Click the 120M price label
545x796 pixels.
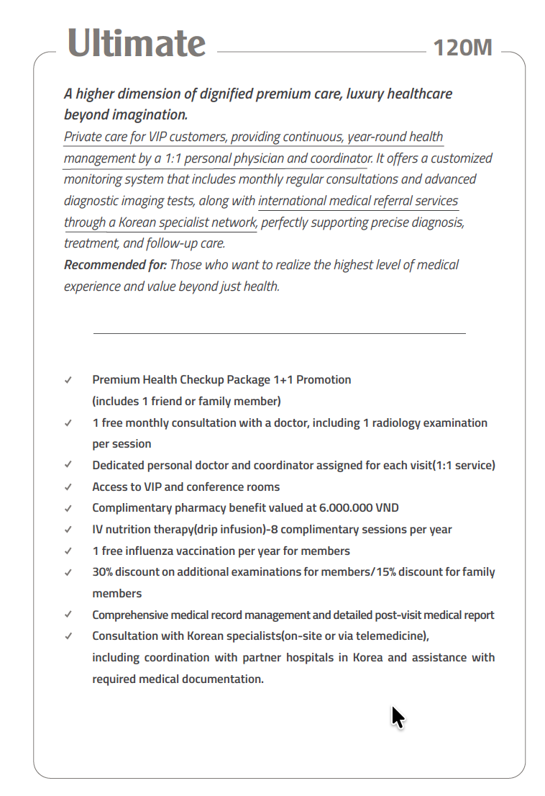point(463,48)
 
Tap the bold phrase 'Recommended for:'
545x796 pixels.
point(115,265)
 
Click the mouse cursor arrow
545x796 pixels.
point(398,717)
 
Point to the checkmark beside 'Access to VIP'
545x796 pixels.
point(68,487)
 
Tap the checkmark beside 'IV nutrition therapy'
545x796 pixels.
point(68,530)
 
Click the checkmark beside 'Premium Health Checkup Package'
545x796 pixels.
point(68,380)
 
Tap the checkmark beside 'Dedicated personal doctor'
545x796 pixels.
point(68,466)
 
